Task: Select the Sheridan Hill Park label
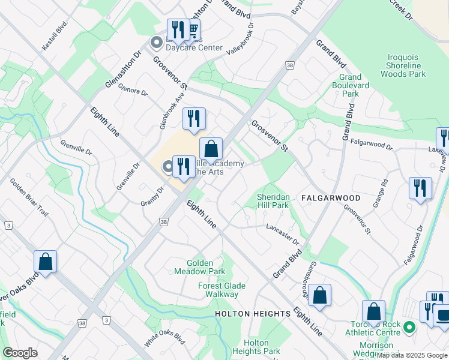273,201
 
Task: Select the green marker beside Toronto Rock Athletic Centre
409,327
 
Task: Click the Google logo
20,353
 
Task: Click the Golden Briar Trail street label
23,197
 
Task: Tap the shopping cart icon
193,29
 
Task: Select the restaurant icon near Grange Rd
420,188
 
